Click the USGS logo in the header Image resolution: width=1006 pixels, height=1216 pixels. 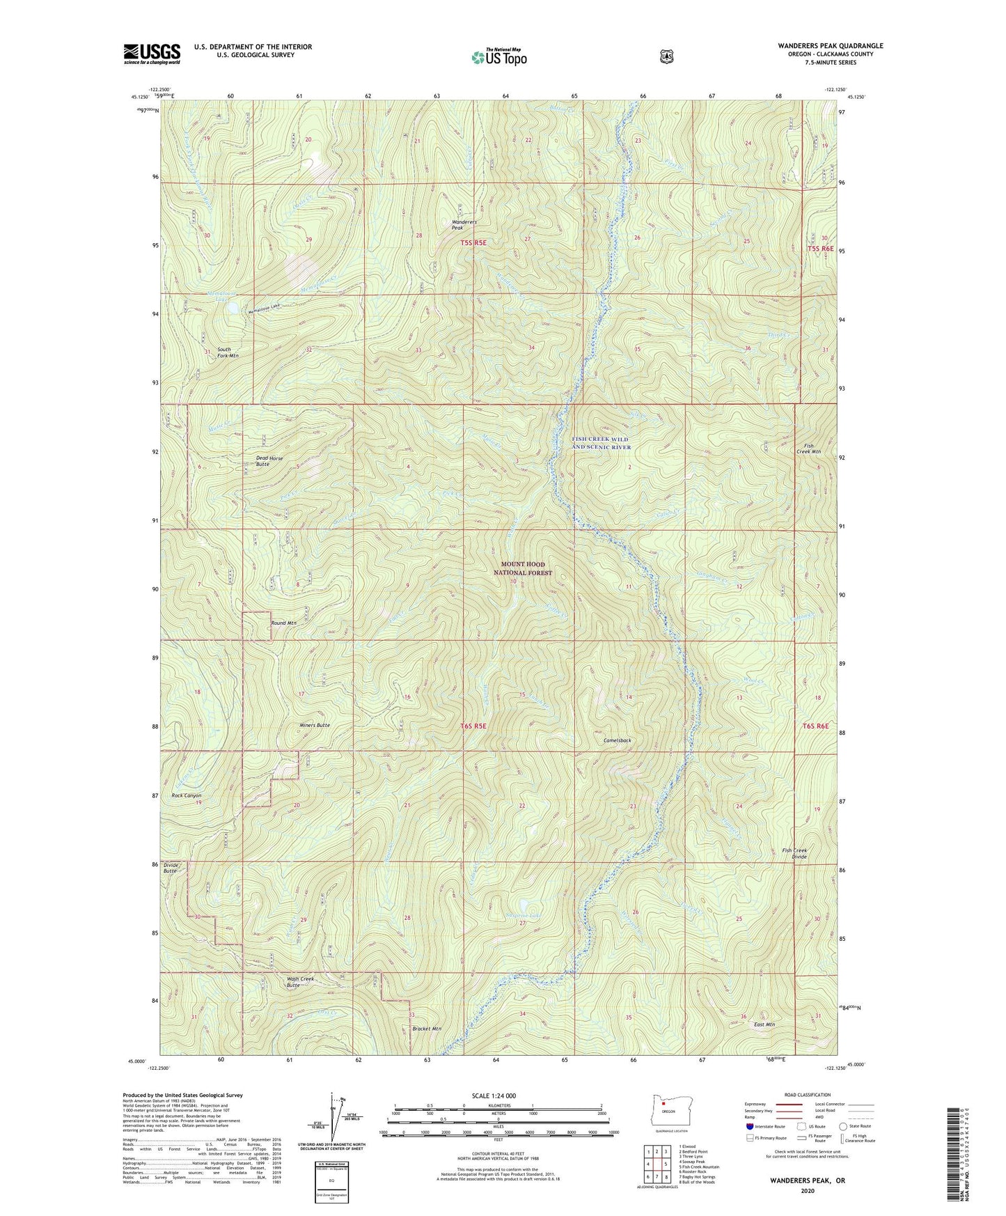click(152, 54)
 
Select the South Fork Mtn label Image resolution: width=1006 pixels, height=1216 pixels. click(228, 352)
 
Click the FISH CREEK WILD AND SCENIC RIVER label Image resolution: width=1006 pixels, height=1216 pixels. click(599, 443)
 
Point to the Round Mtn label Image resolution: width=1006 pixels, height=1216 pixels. click(284, 623)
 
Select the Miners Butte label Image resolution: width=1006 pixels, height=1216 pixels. click(313, 725)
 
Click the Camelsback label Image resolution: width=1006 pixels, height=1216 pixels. click(617, 740)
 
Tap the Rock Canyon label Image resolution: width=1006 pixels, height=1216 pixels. click(187, 795)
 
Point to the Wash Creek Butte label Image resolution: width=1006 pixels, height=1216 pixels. click(301, 981)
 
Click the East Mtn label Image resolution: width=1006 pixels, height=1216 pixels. click(764, 1024)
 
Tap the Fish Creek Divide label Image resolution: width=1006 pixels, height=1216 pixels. click(794, 853)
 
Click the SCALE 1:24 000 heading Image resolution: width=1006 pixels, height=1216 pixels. click(494, 1096)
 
